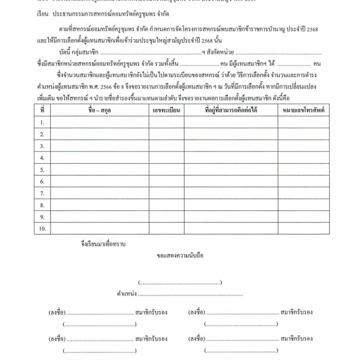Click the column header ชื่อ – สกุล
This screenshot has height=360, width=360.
100,110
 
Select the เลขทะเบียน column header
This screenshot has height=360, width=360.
166,110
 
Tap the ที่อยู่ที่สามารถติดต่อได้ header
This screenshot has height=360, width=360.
231,110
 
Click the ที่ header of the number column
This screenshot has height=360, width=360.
42,110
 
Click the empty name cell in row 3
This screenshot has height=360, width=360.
100,146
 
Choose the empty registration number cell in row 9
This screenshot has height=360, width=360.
166,217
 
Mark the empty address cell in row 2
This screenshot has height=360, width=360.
231,134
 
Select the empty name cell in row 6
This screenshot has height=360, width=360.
100,181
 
